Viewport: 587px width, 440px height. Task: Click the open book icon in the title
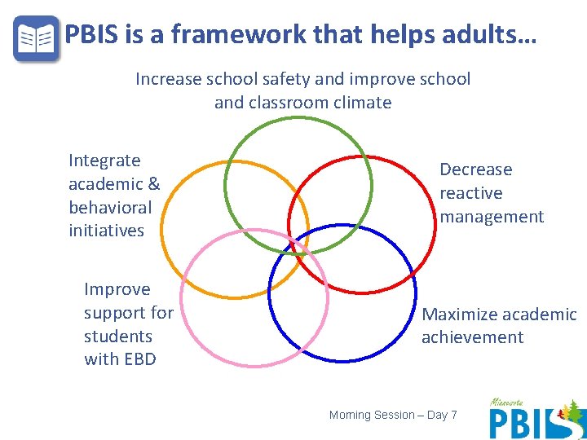(37, 37)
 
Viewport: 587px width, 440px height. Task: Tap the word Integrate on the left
(104, 161)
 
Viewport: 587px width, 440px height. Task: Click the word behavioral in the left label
(110, 207)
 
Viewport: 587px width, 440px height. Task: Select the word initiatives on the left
(106, 231)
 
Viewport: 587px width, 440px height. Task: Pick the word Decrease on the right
(476, 169)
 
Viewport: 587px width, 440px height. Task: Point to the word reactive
(471, 193)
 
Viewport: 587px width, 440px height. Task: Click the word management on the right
(492, 217)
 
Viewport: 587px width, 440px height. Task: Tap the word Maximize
(458, 315)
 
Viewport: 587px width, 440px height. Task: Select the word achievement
(472, 337)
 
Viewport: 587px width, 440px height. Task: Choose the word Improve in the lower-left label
(117, 289)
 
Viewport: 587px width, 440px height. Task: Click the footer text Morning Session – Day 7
(393, 416)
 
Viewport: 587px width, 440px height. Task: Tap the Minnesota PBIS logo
(536, 419)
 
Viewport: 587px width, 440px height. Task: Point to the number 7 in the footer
(453, 416)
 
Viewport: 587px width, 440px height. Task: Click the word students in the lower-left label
(118, 336)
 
